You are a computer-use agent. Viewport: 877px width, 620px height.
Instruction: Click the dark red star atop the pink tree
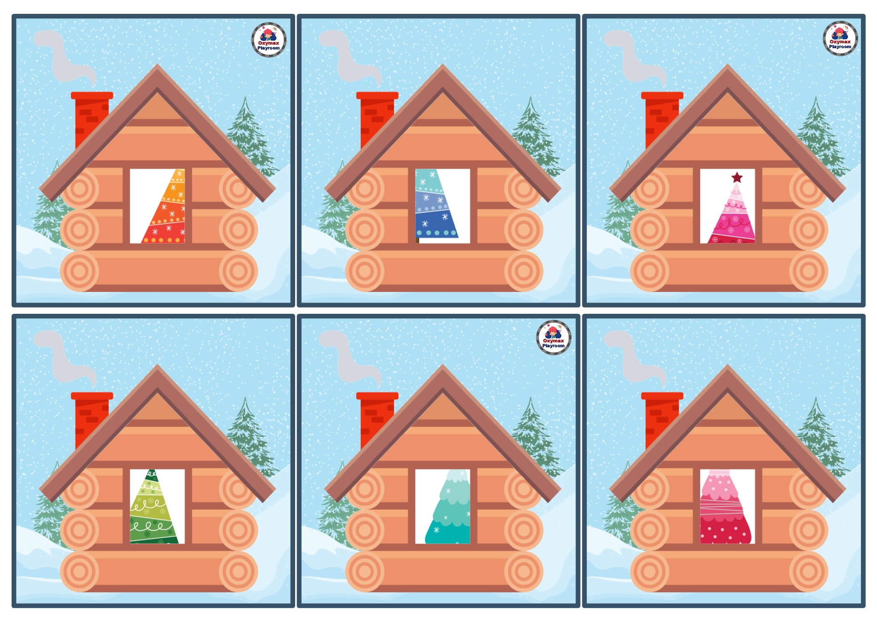(x=737, y=178)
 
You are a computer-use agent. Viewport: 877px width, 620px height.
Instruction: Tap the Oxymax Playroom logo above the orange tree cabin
(x=269, y=40)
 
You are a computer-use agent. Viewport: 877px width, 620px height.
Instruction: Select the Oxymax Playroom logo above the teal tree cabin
(x=554, y=338)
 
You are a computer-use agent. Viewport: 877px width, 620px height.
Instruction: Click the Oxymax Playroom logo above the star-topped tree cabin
(x=840, y=39)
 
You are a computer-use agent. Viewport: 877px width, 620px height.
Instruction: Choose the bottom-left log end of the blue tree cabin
(x=365, y=271)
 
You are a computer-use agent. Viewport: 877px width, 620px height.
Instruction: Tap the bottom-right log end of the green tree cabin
(x=238, y=571)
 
